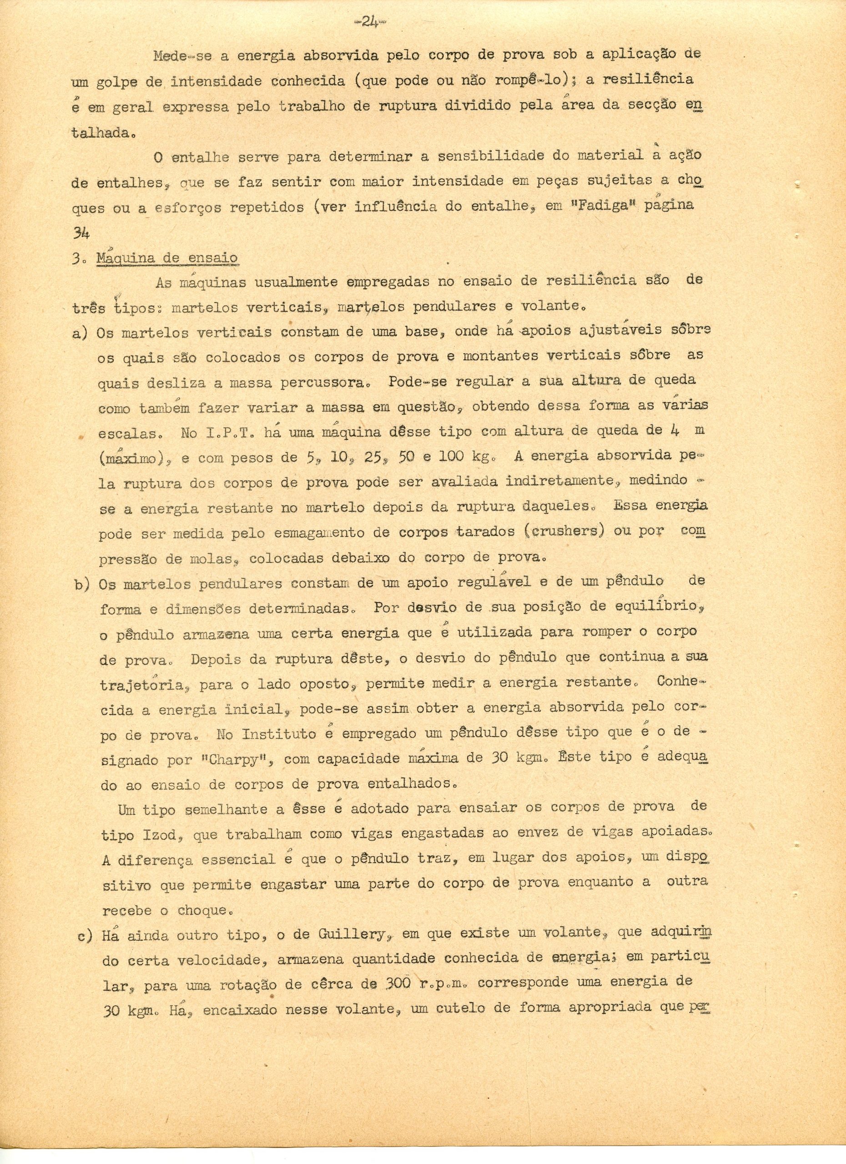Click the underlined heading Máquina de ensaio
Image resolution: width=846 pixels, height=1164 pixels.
pos(166,258)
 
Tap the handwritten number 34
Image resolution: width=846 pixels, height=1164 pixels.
pos(81,233)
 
